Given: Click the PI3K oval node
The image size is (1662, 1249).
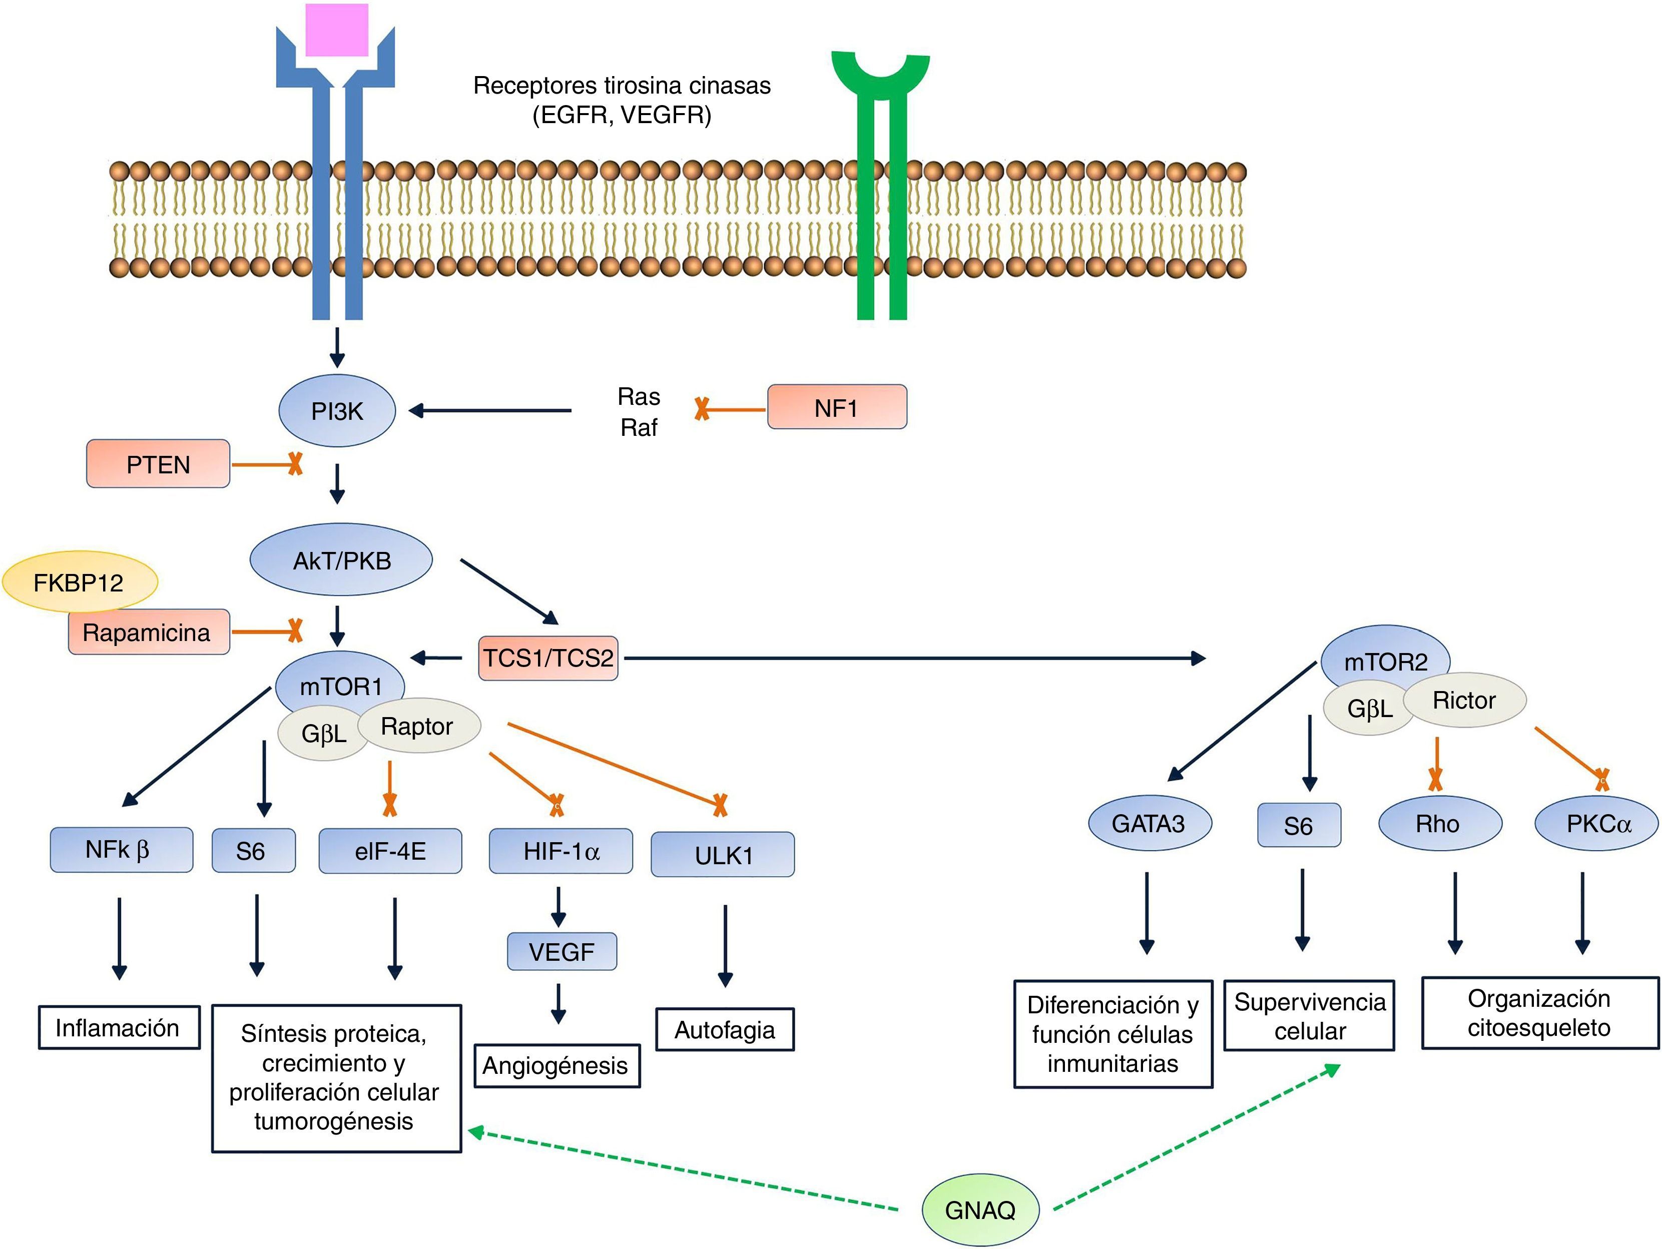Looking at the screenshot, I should [x=337, y=411].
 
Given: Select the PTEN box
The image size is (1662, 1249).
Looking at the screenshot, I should [x=158, y=464].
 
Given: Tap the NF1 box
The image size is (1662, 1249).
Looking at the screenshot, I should [x=836, y=407].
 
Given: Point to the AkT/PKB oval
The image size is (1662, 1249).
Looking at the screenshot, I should [x=341, y=560].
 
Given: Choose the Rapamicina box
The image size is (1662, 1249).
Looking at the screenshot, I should [x=147, y=632].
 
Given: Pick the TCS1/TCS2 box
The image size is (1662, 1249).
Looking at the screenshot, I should [x=547, y=659].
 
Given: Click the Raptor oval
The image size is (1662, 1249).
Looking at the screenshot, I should [x=418, y=726].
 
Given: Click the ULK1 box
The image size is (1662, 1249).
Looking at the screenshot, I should [x=723, y=855].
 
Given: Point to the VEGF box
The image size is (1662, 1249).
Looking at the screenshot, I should [x=562, y=951].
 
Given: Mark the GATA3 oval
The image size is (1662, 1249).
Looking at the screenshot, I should [x=1149, y=824].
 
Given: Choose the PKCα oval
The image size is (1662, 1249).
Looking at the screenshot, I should [x=1598, y=824].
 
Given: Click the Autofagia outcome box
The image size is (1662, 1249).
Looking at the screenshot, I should [x=724, y=1029].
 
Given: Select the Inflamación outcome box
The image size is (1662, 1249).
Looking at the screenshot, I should [x=119, y=1027].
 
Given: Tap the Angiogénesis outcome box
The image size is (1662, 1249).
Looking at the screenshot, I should [x=556, y=1066].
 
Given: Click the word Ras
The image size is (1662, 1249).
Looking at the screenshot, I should [x=639, y=396].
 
